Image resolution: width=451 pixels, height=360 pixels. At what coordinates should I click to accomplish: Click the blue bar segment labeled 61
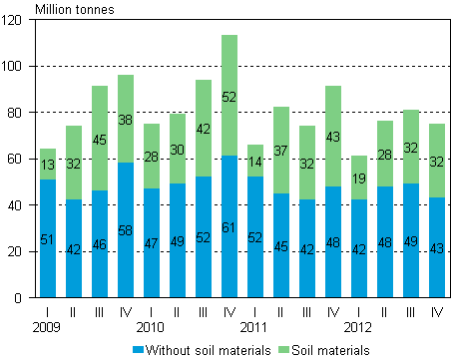(229, 226)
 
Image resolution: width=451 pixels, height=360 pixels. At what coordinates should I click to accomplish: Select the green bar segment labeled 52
(229, 96)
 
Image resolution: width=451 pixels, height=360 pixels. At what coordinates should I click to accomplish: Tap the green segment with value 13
(48, 164)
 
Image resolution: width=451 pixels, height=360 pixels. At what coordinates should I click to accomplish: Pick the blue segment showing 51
(48, 238)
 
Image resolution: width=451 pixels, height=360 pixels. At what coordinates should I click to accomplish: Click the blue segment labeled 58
(126, 230)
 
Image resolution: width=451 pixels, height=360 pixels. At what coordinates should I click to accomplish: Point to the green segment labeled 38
(126, 119)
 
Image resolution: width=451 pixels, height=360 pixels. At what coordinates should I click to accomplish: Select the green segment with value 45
(100, 139)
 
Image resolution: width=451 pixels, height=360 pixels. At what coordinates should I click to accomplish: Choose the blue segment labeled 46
(100, 243)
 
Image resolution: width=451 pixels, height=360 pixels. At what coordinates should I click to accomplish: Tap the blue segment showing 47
(152, 242)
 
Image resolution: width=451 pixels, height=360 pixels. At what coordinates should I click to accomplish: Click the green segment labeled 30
(178, 149)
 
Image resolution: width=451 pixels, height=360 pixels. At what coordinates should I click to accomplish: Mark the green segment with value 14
(255, 161)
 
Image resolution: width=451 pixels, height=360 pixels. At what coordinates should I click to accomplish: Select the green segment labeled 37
(281, 150)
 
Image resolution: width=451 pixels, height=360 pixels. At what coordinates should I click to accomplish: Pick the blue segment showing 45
(281, 245)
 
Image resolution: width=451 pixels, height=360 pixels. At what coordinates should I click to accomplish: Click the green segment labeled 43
(333, 137)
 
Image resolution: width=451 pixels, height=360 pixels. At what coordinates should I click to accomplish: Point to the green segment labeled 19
(359, 178)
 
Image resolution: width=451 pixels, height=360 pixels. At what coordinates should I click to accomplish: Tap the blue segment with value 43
(437, 247)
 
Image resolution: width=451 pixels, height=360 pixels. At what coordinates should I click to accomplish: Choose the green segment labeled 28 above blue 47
(152, 157)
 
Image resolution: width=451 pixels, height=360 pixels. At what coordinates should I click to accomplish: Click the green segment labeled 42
(204, 129)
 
